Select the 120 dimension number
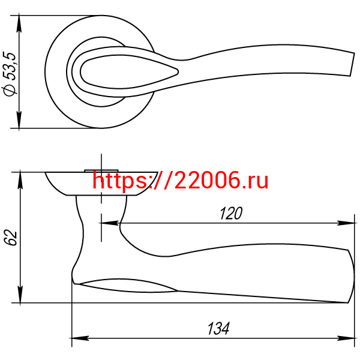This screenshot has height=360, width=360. point(231,213)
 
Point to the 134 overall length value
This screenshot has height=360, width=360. point(218,329)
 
